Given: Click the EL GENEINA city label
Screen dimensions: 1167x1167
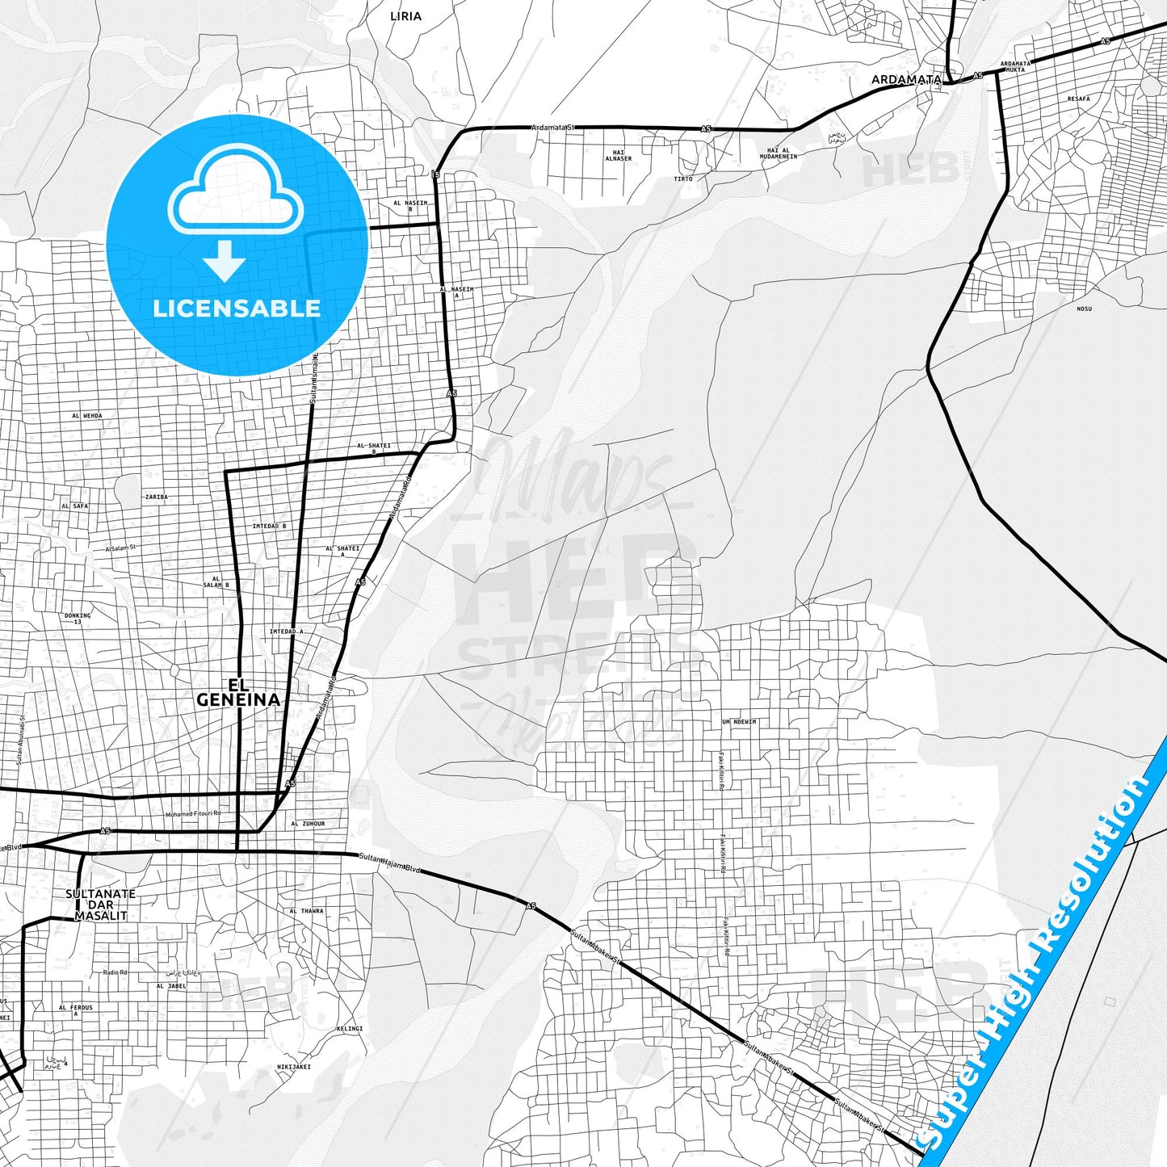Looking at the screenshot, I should coord(238,692).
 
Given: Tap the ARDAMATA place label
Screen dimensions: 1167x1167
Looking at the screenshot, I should coord(906,80).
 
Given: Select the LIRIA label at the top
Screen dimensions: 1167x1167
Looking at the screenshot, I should coord(405,16).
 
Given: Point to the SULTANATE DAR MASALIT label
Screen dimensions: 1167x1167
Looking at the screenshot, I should coord(100,905).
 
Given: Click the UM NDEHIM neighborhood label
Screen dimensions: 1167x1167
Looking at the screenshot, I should coord(739,722).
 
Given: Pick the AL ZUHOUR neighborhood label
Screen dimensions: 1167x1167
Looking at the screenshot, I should coord(308,824).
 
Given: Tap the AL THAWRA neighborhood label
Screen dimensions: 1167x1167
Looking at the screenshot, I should coord(306,911).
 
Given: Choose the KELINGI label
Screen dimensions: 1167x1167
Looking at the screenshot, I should coord(350,1029).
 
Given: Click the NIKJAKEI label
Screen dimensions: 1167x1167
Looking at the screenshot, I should coord(294,1067).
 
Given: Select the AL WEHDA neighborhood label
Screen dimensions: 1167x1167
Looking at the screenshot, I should coord(87,416).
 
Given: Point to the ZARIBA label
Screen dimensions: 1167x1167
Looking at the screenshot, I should coord(156,497).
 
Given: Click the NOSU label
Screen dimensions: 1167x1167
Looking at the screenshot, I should coord(1084,309).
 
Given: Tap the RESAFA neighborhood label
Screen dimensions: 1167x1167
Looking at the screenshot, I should coord(1078,99).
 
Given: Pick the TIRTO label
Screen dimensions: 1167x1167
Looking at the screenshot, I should coord(683,178).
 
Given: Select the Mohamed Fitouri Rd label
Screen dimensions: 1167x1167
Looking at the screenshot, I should coord(192,814).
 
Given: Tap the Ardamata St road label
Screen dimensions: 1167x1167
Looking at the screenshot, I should coord(552,127).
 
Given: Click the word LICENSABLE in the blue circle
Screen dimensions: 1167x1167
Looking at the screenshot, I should coord(237,308).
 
